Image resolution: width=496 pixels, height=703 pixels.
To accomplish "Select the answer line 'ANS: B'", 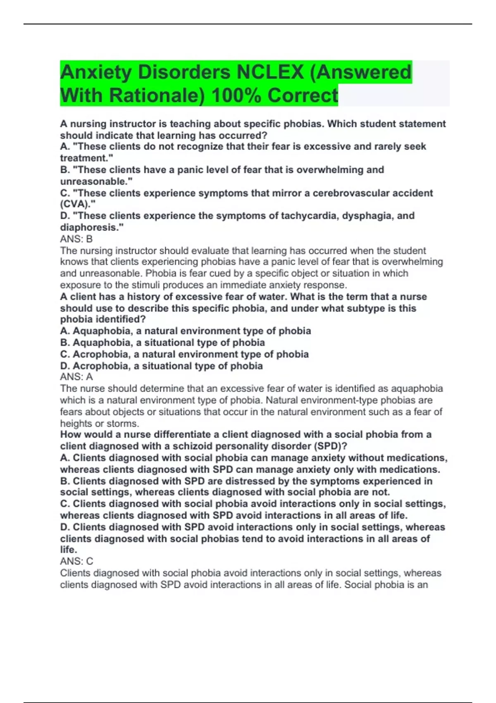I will (76, 239).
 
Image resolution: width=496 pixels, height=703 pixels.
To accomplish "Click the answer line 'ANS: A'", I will (76, 377).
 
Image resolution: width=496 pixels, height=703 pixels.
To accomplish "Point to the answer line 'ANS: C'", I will (76, 561).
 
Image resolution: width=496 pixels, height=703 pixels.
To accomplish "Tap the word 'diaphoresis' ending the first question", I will (90, 227).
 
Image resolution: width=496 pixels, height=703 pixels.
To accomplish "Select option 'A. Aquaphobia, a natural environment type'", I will (185, 331).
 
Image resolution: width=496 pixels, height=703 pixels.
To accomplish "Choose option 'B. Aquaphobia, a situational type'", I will (162, 342).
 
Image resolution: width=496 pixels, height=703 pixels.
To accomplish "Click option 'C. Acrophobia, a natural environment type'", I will (184, 354).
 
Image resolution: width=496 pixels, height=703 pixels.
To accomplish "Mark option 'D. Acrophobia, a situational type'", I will (161, 366).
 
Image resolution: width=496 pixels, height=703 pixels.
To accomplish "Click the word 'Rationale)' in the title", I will (157, 96).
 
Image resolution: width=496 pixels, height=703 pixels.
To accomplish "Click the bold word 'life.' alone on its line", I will (69, 550).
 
